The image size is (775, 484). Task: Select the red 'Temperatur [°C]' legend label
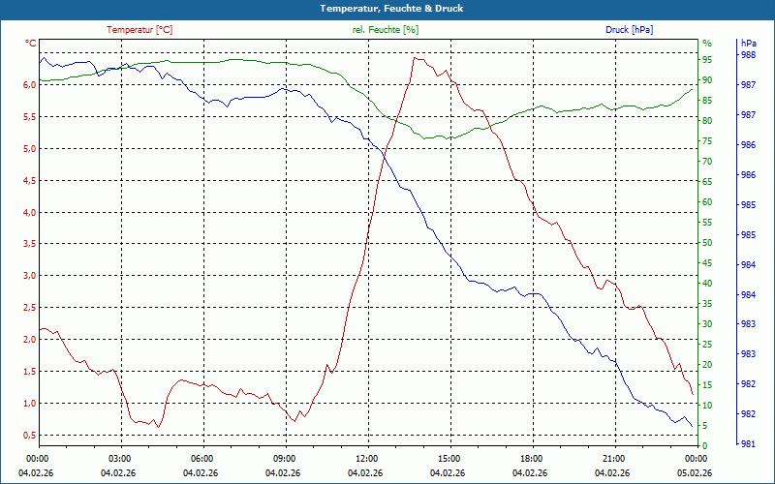click(x=139, y=30)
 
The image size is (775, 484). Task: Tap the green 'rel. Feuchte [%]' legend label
click(x=386, y=30)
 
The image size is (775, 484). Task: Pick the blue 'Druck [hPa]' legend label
click(x=629, y=30)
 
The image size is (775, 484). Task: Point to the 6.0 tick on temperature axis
click(x=29, y=85)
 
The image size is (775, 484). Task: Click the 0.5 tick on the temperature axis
click(x=29, y=436)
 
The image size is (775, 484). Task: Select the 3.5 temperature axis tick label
click(x=29, y=245)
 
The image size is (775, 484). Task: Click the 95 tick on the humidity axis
click(x=707, y=59)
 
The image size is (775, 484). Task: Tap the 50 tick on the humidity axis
click(x=707, y=243)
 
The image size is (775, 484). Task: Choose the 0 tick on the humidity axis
click(x=705, y=446)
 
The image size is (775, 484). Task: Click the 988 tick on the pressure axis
click(x=748, y=55)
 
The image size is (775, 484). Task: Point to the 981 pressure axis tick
click(x=748, y=444)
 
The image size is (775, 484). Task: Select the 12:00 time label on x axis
click(x=366, y=459)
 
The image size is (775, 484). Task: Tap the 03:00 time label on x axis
click(x=119, y=459)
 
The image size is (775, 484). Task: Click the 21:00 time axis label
click(x=613, y=459)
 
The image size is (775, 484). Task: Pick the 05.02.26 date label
click(x=694, y=472)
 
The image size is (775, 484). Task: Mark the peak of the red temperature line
click(x=416, y=57)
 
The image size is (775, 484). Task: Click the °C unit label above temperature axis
click(x=31, y=44)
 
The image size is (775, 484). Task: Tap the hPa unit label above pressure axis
click(x=748, y=44)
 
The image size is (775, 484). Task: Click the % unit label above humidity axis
click(x=707, y=44)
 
